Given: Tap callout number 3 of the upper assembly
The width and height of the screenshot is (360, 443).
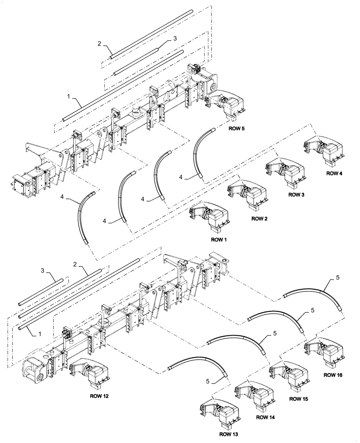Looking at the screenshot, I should click(x=175, y=39).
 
